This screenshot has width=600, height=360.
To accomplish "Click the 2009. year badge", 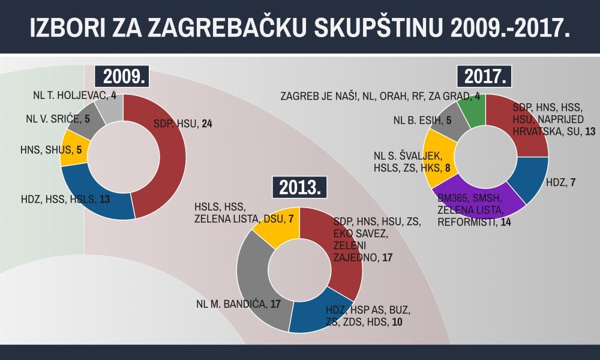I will (125, 77).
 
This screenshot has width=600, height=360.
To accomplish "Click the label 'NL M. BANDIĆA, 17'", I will (238, 304).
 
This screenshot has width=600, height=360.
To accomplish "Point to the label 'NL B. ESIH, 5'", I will (422, 121).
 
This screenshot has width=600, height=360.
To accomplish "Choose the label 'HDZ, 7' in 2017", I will (561, 181).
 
